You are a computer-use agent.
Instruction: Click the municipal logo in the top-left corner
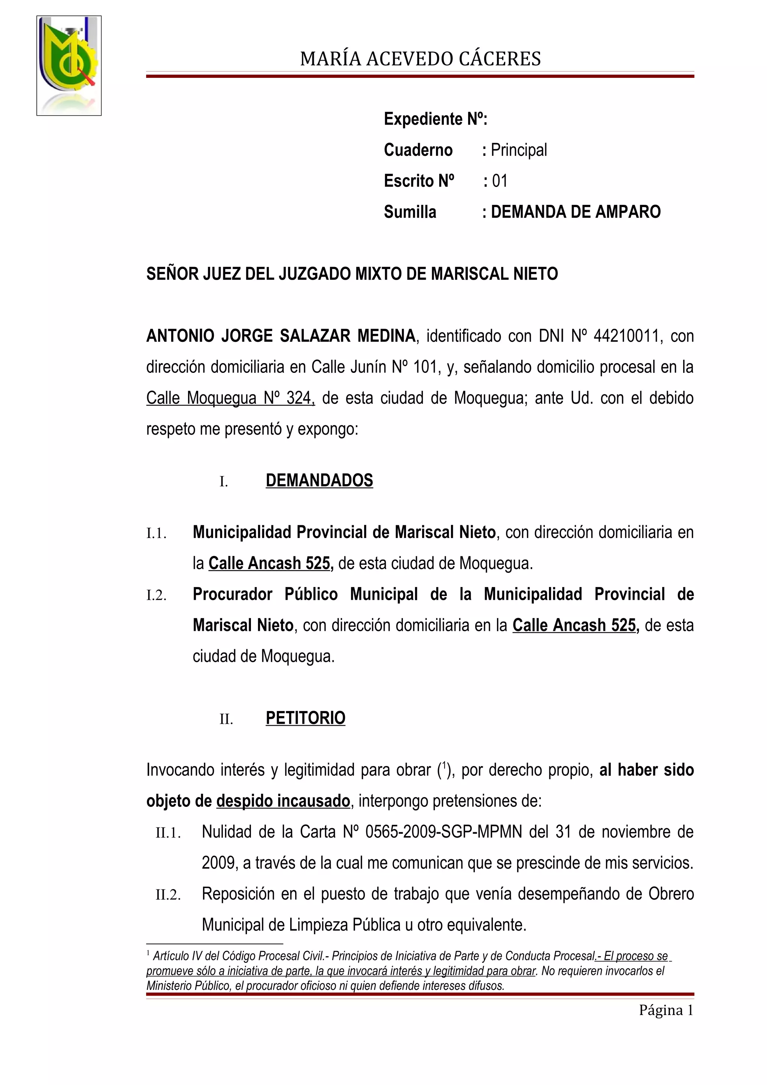[x=69, y=65]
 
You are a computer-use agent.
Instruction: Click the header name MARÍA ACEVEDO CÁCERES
[x=420, y=59]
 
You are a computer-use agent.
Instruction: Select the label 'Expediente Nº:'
[x=435, y=119]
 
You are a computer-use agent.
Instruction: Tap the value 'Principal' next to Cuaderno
[x=518, y=150]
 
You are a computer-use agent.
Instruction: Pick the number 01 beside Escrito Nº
[x=500, y=181]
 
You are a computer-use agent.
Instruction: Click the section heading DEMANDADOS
[x=319, y=481]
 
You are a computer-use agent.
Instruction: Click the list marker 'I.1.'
[x=157, y=534]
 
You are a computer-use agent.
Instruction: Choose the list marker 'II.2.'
[x=168, y=895]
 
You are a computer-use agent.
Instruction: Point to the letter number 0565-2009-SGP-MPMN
[x=444, y=832]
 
